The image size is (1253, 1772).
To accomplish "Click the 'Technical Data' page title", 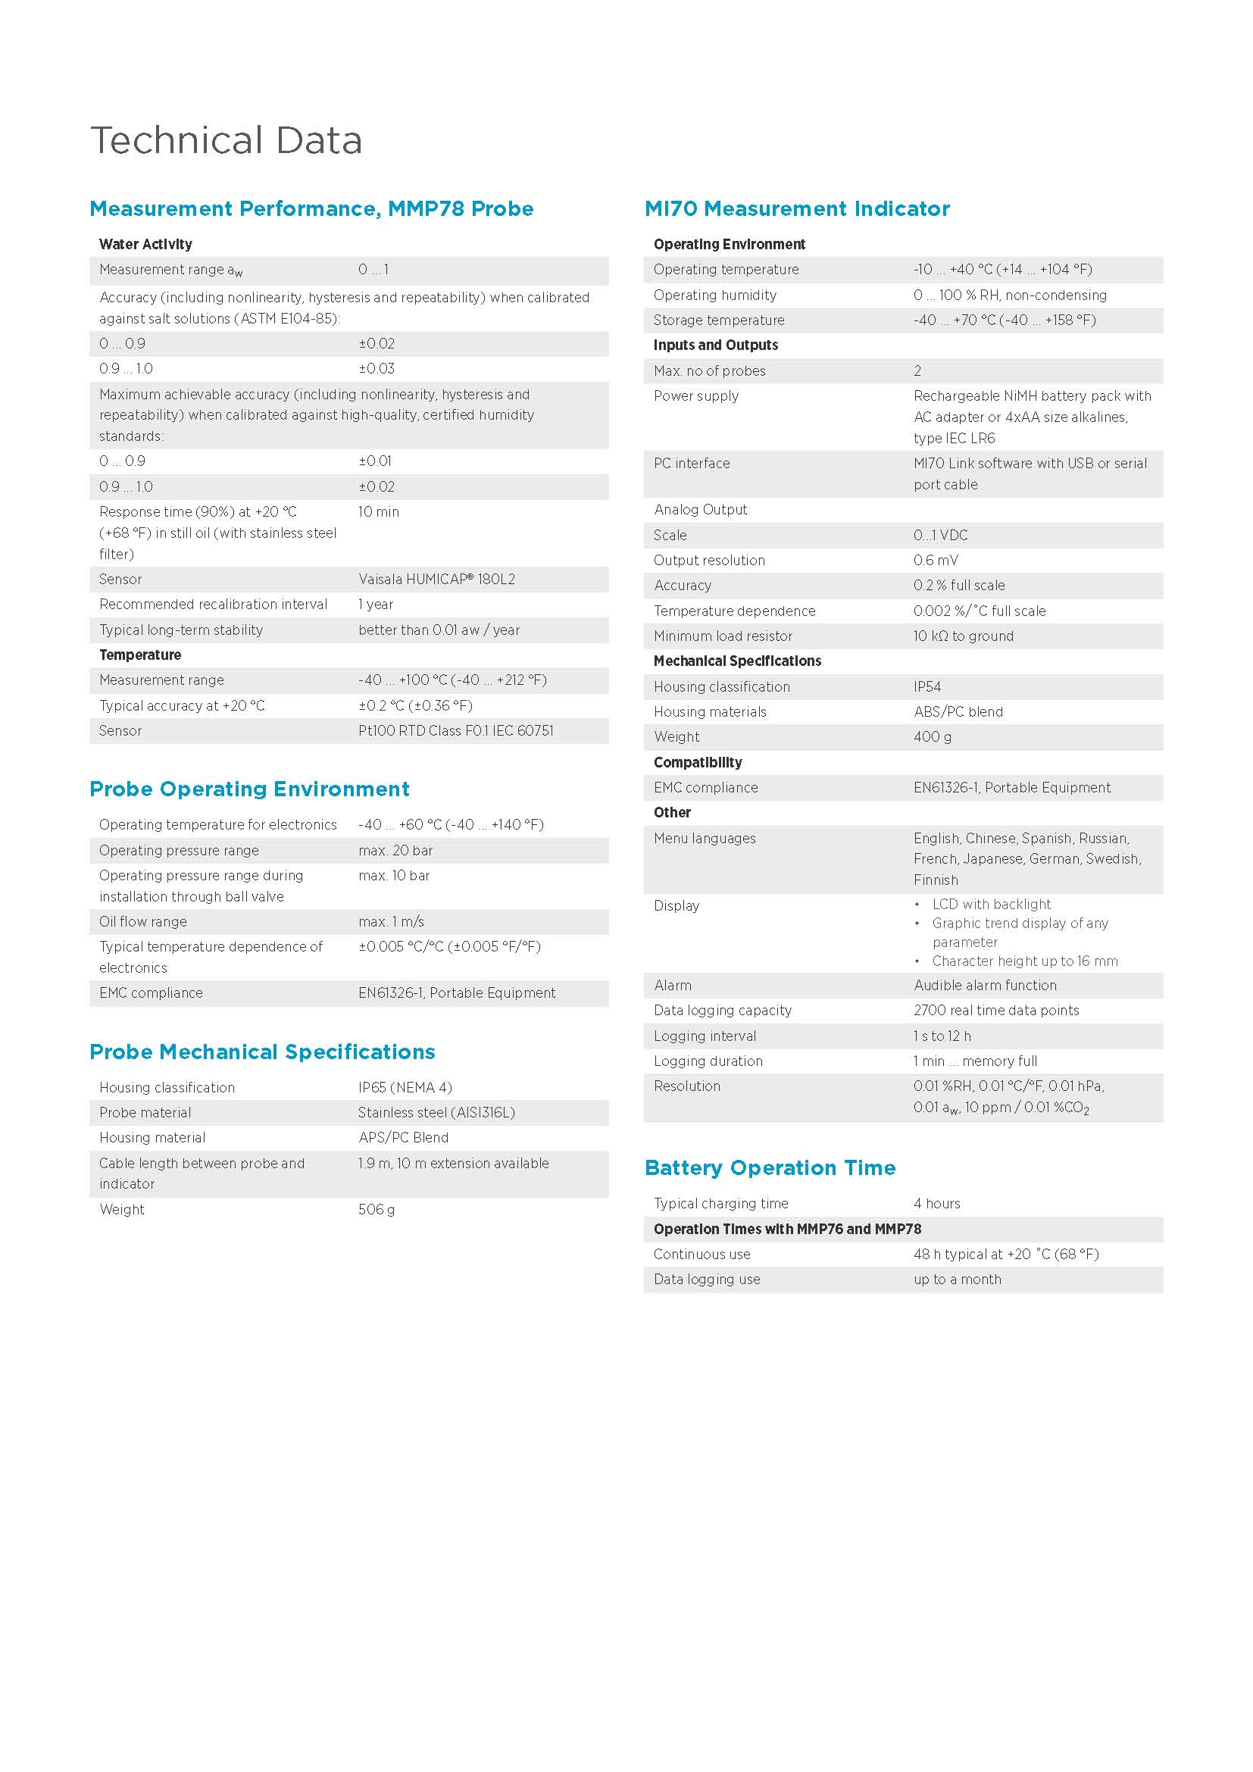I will (x=226, y=140).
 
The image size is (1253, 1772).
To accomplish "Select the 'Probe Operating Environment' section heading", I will (x=249, y=789).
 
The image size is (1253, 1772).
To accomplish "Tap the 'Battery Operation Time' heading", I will (x=770, y=1167).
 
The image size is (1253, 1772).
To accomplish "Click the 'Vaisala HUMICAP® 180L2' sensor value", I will (x=436, y=579).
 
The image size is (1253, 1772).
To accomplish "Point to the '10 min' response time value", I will (x=378, y=511).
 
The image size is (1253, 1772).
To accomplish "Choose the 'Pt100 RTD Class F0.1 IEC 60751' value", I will (x=455, y=730).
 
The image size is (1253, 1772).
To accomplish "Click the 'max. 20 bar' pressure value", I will (x=395, y=851).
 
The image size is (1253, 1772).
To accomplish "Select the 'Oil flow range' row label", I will (x=142, y=921).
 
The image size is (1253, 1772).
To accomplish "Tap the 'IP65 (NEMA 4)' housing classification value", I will (x=405, y=1087).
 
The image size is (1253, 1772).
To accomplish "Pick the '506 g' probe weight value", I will (x=376, y=1209).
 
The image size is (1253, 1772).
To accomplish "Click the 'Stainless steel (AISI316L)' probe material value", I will (x=436, y=1112).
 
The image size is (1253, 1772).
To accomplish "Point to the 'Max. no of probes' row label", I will (x=709, y=370).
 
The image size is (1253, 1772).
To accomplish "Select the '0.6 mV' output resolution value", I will (x=935, y=561).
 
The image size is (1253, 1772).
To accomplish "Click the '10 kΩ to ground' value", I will (x=963, y=636).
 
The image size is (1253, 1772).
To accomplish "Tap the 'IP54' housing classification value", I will (x=926, y=687).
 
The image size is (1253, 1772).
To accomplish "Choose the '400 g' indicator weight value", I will (x=932, y=737).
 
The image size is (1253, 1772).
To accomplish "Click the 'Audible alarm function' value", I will (x=985, y=986).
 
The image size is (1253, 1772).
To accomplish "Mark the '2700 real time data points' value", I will (x=996, y=1011).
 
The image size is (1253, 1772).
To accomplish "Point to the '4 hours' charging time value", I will (x=936, y=1203).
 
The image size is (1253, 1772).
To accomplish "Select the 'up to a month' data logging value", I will (x=957, y=1279).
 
